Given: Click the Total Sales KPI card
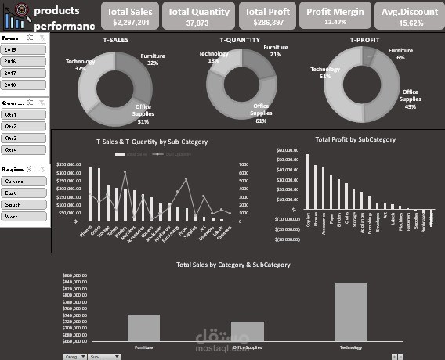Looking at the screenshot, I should (x=130, y=16).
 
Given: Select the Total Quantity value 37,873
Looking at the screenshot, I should (x=198, y=23).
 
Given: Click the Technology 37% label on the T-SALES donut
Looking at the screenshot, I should (x=80, y=64).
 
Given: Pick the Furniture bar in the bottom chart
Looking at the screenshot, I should (x=143, y=328).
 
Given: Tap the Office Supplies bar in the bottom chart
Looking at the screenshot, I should (x=247, y=332).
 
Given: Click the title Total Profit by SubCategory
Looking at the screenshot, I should (x=355, y=139).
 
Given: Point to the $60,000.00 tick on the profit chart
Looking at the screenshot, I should (x=287, y=148).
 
